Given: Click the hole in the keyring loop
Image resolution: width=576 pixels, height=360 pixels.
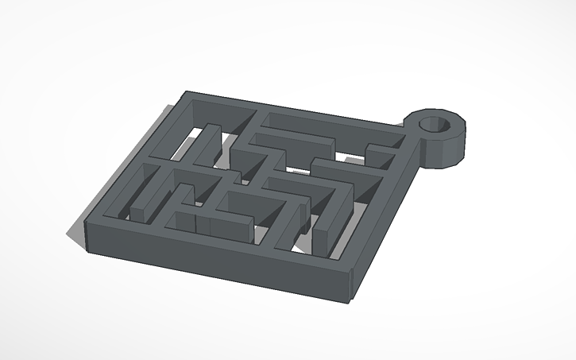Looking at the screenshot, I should pyautogui.click(x=435, y=124).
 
